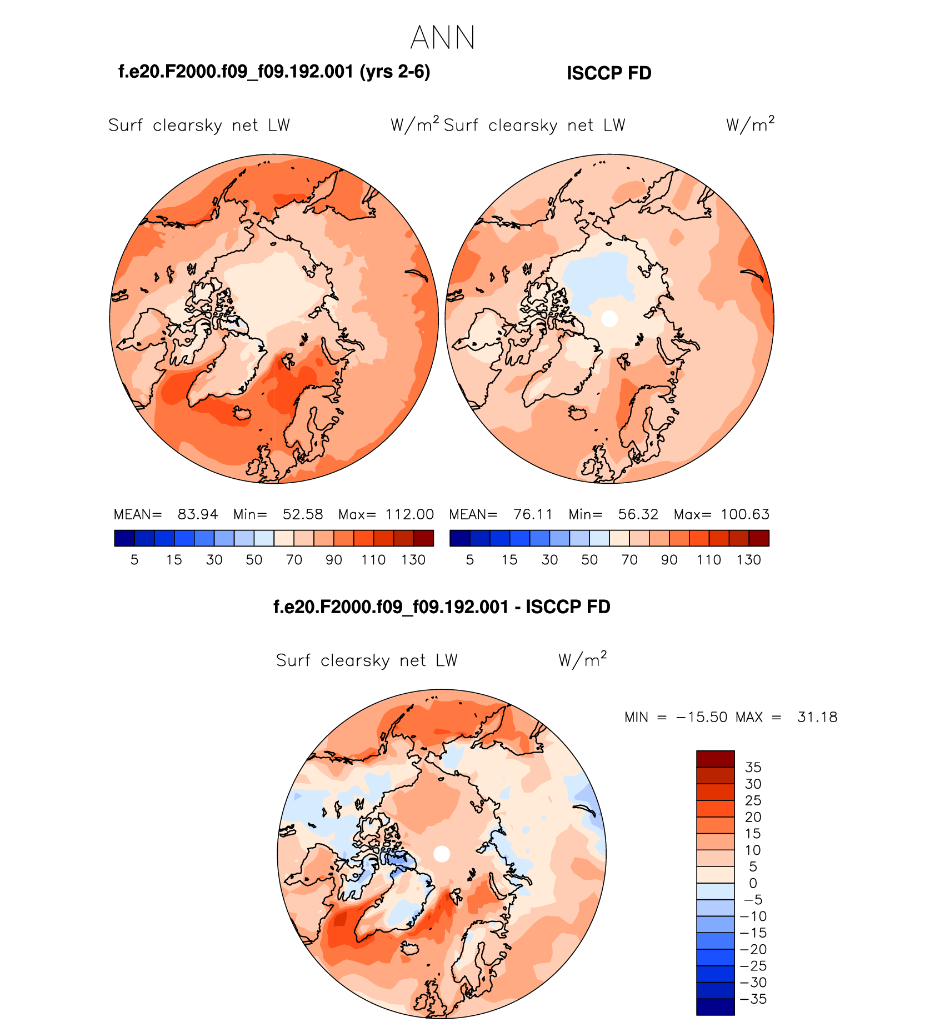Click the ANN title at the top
point(443,38)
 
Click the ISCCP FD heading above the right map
point(608,73)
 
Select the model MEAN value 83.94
point(198,514)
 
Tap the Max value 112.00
point(409,514)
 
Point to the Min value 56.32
point(638,514)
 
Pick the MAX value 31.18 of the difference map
point(817,717)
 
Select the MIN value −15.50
point(701,717)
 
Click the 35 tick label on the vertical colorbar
point(753,767)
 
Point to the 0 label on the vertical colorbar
point(753,883)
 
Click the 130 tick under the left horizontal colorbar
point(413,560)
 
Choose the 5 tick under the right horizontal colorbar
point(470,560)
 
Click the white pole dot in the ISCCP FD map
point(609,319)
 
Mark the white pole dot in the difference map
point(442,854)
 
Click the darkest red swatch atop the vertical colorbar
point(715,759)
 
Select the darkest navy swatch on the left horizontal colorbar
point(124,538)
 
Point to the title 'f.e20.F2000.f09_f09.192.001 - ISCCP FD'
point(442,607)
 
